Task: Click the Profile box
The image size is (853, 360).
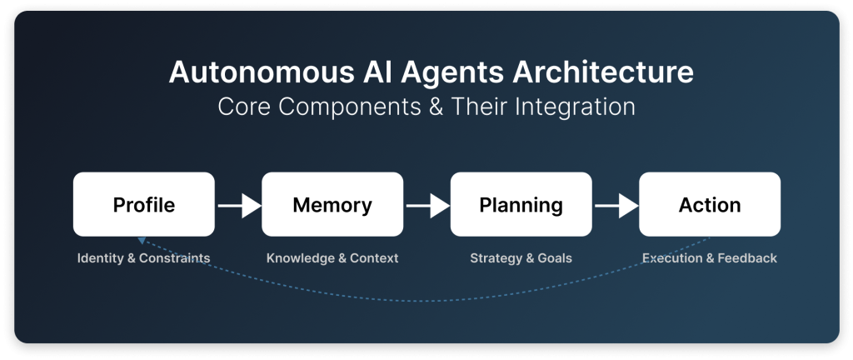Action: pos(143,204)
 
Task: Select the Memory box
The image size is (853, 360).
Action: pos(332,204)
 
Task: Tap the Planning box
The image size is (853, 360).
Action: pos(521,204)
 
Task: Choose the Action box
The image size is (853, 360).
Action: pos(710,204)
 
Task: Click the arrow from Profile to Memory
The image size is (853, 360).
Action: pos(239,206)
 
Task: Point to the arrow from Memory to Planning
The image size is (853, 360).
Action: pos(428,206)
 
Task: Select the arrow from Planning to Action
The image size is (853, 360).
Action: pos(617,206)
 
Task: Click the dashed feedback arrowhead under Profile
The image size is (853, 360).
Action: pos(142,240)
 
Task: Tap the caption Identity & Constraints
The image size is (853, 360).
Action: pos(143,257)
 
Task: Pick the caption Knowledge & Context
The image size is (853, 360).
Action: pos(332,257)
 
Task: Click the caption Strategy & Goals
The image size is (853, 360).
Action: pos(521,257)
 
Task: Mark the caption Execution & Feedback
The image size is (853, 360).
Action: pos(710,257)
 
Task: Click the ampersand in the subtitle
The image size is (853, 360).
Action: pos(436,107)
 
